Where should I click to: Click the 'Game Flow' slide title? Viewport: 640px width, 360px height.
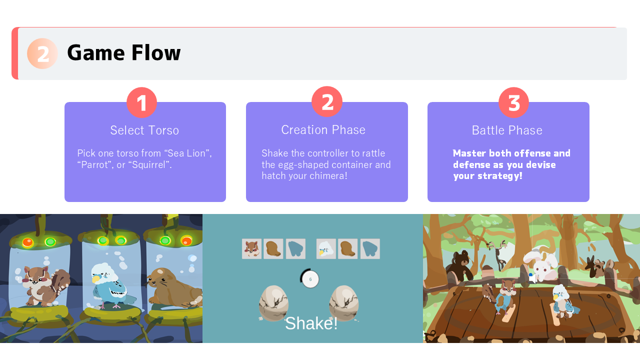(x=123, y=53)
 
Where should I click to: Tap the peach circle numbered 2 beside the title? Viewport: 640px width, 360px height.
(x=42, y=53)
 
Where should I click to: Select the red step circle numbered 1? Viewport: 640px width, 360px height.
(x=141, y=102)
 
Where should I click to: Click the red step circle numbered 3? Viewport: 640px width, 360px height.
(x=513, y=102)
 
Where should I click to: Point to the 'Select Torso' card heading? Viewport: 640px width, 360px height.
(x=144, y=130)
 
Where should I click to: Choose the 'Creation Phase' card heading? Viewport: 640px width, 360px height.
(x=323, y=129)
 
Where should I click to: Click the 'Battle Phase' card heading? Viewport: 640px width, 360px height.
(x=507, y=130)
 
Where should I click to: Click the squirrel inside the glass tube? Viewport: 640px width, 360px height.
(x=45, y=285)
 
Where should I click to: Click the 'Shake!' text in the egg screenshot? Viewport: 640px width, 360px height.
(x=311, y=323)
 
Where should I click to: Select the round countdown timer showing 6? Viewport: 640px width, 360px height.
(x=310, y=279)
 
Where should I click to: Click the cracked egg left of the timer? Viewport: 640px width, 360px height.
(x=273, y=303)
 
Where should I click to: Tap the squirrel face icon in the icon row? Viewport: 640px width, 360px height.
(x=251, y=248)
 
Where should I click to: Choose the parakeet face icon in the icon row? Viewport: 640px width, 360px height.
(x=326, y=248)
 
